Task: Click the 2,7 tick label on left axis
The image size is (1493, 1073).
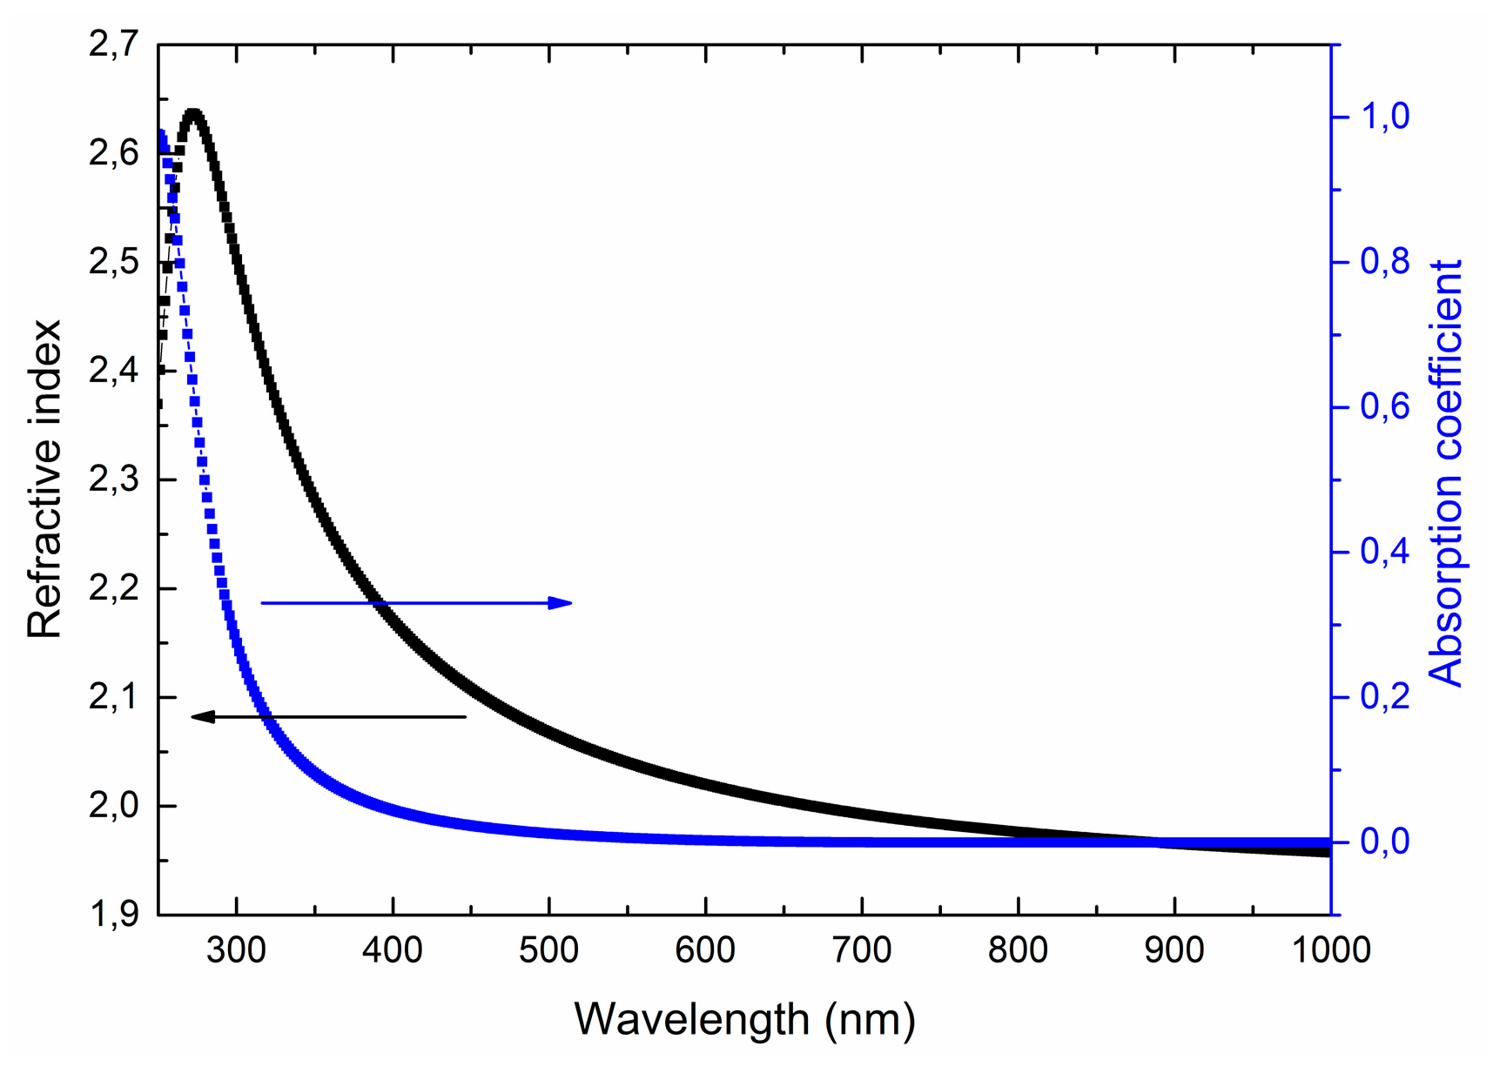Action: [113, 44]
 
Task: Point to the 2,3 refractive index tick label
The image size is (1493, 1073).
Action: [113, 479]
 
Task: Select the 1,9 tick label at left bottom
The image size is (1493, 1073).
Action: [113, 915]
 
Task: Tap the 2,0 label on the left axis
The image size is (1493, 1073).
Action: [113, 806]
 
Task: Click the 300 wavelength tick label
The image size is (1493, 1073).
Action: [237, 949]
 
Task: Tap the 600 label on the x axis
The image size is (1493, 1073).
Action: [705, 949]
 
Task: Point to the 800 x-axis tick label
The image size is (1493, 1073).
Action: [1018, 949]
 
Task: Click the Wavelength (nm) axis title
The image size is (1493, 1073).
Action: [744, 1019]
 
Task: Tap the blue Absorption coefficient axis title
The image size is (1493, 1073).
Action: [1446, 474]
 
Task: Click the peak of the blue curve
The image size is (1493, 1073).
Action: [162, 131]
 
